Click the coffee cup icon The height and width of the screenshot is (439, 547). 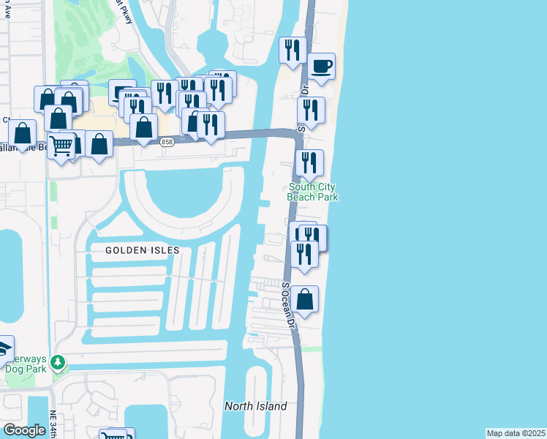click(322, 67)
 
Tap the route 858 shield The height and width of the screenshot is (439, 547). click(167, 142)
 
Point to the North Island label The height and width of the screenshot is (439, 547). click(255, 406)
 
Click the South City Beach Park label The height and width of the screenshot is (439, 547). click(313, 192)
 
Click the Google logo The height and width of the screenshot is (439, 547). click(24, 430)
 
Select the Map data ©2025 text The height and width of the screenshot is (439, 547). click(516, 433)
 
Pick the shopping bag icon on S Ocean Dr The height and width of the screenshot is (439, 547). click(305, 299)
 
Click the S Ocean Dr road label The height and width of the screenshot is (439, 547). click(287, 304)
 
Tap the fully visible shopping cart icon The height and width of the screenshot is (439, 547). click(61, 146)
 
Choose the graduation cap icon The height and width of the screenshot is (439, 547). click(4, 348)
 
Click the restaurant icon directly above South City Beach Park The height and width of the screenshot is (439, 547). click(309, 162)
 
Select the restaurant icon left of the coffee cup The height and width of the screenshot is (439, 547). click(293, 50)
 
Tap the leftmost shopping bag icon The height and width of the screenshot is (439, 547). click(23, 133)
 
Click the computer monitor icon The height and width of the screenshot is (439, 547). click(121, 92)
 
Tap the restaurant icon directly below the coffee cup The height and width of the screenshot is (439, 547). click(311, 110)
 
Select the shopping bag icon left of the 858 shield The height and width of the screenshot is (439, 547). click(145, 127)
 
